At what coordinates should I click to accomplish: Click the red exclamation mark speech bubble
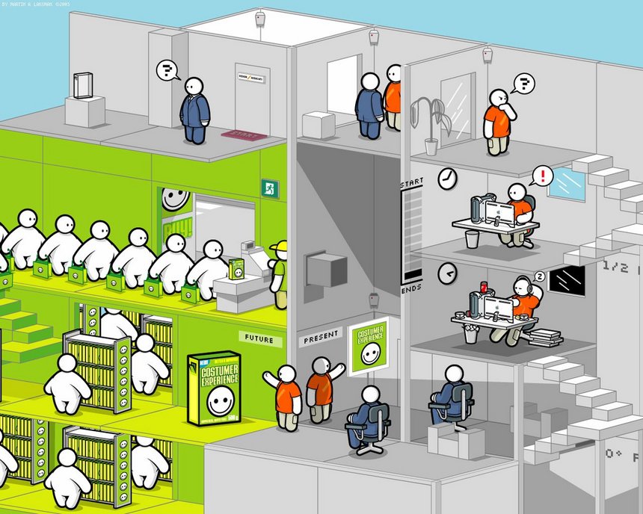tap(542, 176)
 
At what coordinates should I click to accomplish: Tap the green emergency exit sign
tap(269, 188)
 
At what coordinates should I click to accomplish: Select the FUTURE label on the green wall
tap(260, 338)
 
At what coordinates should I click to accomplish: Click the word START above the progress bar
tap(411, 182)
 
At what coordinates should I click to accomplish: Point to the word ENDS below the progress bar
tap(411, 289)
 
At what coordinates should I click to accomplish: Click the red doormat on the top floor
tap(243, 136)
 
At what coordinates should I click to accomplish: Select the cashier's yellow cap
tap(279, 247)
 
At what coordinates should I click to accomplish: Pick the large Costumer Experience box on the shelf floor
tap(214, 388)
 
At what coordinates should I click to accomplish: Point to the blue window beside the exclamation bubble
tap(566, 183)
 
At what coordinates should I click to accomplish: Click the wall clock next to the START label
tap(447, 178)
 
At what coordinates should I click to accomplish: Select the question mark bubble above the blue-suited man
tap(168, 71)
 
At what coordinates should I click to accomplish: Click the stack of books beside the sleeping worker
tap(544, 335)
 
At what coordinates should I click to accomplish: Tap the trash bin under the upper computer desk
tap(472, 239)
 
